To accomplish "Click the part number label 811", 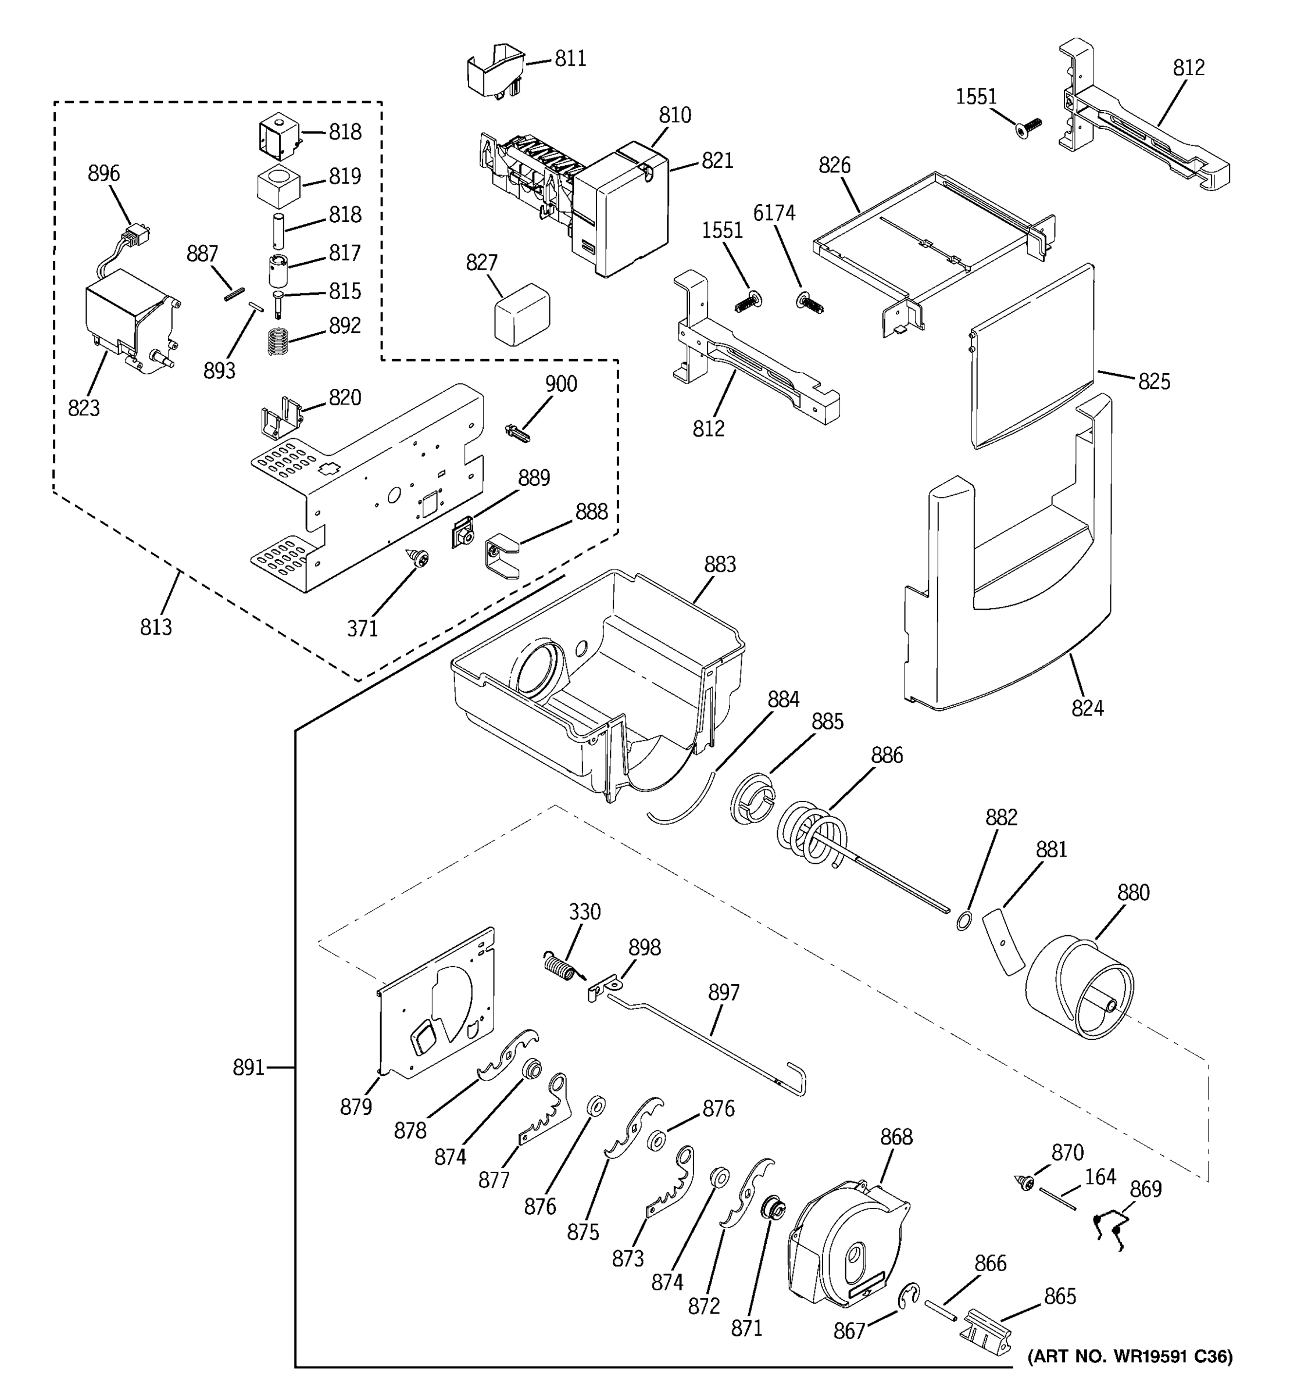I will point(570,59).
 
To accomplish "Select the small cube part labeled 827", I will point(521,315).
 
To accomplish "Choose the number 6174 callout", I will point(774,213).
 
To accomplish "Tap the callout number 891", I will point(248,1068).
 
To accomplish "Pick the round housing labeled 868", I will point(849,1246).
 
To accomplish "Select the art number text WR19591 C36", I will point(1130,1357).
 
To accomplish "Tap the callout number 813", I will point(156,627).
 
